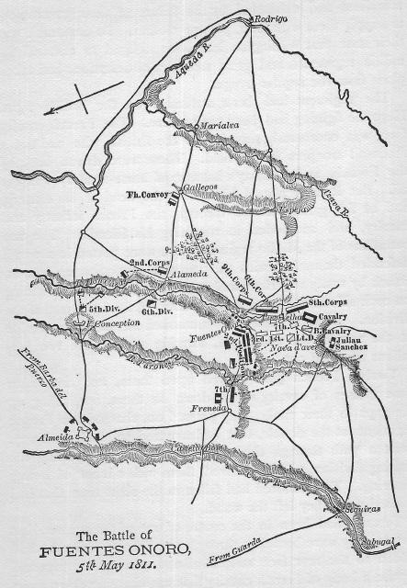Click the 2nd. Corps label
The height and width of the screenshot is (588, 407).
tap(150, 262)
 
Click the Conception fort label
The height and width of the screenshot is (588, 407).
tap(115, 323)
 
